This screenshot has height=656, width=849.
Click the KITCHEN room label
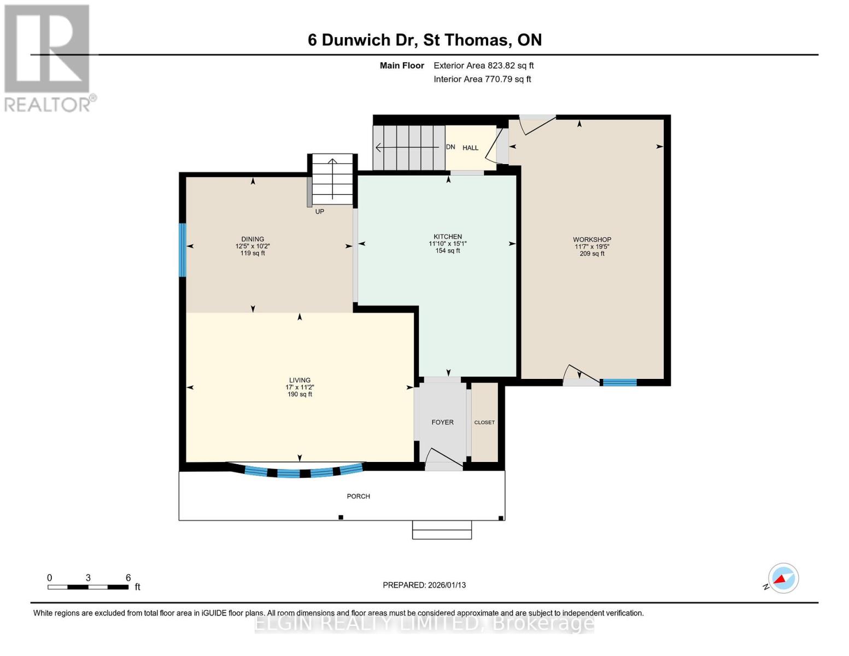[448, 237]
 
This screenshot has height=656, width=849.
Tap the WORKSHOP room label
[592, 239]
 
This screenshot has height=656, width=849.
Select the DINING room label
[253, 239]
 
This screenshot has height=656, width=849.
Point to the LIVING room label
[300, 380]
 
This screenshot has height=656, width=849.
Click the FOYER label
[442, 422]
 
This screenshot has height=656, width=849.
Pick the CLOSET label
[484, 423]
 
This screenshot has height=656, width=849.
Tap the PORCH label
[358, 496]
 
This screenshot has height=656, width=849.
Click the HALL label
[470, 148]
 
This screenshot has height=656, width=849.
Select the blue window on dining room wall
[183, 250]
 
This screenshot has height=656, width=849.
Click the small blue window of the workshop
[619, 382]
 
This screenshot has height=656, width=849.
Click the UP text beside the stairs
[319, 212]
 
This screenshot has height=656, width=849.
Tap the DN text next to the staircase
[450, 147]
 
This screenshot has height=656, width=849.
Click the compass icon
[783, 578]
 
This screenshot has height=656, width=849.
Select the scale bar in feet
[88, 587]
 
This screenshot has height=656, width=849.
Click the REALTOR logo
[48, 58]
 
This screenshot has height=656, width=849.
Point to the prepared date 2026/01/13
[424, 585]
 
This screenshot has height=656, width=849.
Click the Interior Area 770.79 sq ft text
[482, 79]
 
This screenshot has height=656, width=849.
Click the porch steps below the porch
[442, 530]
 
